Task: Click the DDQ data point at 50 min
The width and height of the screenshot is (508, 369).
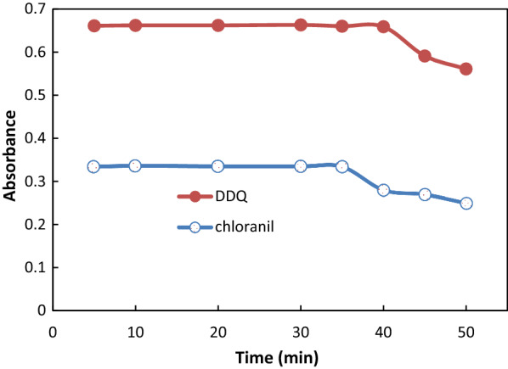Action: pyautogui.click(x=466, y=69)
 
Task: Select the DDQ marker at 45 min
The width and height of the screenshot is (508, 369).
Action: pyautogui.click(x=425, y=56)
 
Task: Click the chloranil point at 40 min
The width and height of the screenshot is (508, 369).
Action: pyautogui.click(x=383, y=190)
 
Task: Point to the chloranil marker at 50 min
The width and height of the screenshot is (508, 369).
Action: pyautogui.click(x=466, y=204)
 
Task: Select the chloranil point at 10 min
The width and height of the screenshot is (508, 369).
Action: pyautogui.click(x=135, y=165)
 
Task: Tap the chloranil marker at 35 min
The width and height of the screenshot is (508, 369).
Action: pyautogui.click(x=341, y=166)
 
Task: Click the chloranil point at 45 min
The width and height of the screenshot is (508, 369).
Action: pyautogui.click(x=425, y=194)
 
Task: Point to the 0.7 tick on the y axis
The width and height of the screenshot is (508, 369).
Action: pyautogui.click(x=34, y=9)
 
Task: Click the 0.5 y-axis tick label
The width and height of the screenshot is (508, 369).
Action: pyautogui.click(x=34, y=95)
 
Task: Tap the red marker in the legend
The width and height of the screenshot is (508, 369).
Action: pyautogui.click(x=195, y=197)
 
